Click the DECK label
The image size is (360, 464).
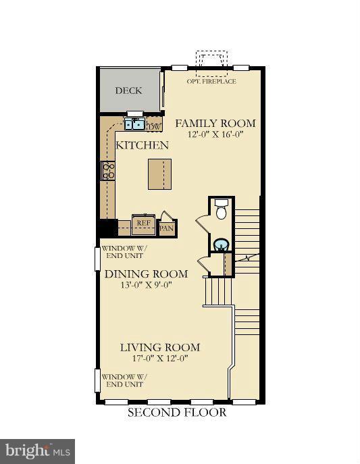tap(128, 91)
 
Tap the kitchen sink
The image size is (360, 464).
tap(134, 124)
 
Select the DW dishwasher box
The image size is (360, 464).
tap(154, 126)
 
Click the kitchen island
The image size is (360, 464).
tap(159, 174)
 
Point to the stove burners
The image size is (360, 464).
tap(108, 170)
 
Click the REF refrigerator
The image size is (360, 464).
tap(143, 224)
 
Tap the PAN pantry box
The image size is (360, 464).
tap(167, 228)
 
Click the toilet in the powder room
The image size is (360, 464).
tap(221, 209)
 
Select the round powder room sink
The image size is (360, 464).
tap(220, 244)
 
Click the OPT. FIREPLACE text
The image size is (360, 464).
tap(211, 81)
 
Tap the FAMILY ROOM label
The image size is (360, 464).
tap(215, 123)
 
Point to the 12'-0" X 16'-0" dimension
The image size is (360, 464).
tap(215, 134)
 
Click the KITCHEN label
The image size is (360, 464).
tap(142, 145)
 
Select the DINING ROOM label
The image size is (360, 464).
tap(146, 274)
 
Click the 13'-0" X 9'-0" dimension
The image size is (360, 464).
tap(147, 285)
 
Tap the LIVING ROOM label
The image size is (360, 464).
tap(160, 347)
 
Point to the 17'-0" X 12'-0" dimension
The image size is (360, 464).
tap(160, 359)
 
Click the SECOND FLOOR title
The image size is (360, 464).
tap(177, 412)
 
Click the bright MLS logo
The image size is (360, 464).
tap(37, 452)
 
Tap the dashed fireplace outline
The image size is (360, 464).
tap(211, 64)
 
